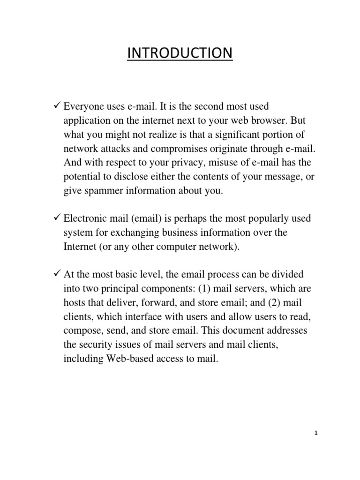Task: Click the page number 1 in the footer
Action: click(x=316, y=434)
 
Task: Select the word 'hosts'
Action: click(x=75, y=303)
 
